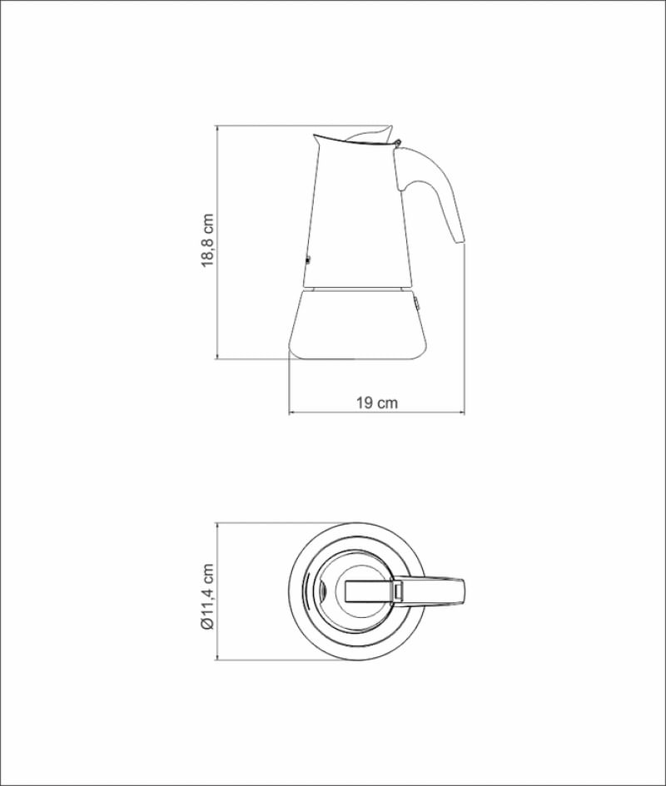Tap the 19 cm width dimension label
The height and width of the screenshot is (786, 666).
pyautogui.click(x=377, y=403)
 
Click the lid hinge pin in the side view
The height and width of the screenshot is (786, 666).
pyautogui.click(x=399, y=143)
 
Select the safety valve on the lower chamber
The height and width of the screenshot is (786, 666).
pyautogui.click(x=416, y=304)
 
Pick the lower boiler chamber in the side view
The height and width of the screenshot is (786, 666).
pyautogui.click(x=357, y=324)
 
